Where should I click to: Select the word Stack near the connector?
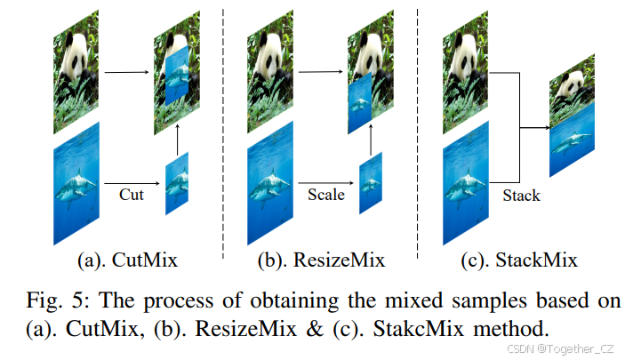[519, 196]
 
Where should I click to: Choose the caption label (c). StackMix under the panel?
[519, 260]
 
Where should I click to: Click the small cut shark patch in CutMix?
[177, 184]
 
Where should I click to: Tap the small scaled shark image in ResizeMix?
[371, 184]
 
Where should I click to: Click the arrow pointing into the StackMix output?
[533, 129]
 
